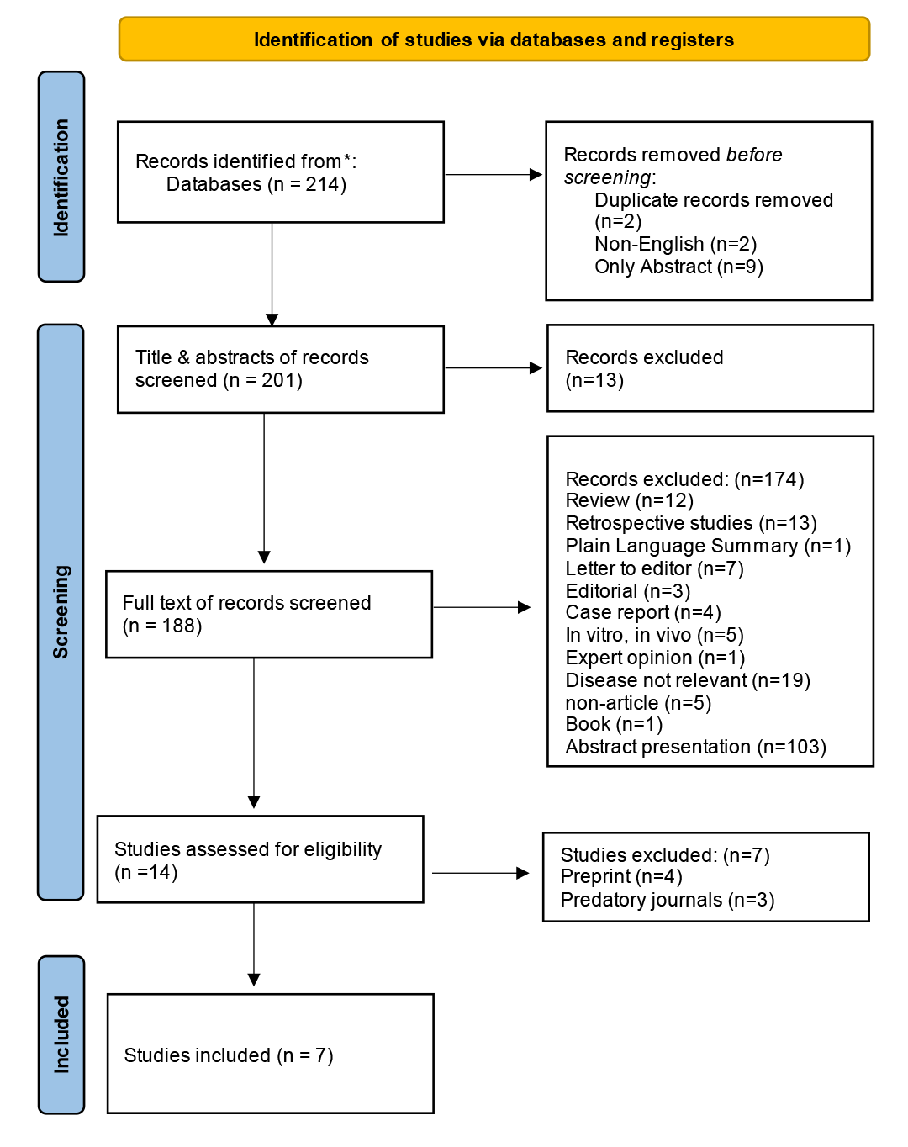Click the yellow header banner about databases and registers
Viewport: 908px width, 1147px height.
point(494,40)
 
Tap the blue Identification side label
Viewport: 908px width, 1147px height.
point(61,177)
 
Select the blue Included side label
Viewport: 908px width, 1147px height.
point(61,1034)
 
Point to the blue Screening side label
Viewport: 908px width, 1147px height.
point(61,611)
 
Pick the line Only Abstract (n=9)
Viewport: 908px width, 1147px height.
point(678,267)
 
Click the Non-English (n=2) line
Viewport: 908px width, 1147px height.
point(675,244)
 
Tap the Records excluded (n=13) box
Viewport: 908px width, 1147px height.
point(710,368)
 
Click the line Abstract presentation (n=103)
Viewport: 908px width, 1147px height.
point(695,747)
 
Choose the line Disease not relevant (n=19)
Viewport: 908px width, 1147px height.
point(687,680)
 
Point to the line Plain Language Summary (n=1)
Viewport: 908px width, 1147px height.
point(708,546)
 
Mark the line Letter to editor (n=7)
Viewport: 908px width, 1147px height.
point(654,568)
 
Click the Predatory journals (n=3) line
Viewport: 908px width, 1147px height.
point(667,900)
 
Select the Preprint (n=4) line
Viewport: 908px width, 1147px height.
point(621,876)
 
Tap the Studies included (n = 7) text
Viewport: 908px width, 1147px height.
point(229,1055)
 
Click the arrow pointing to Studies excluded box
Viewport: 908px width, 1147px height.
point(480,873)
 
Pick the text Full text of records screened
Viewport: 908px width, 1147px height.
point(246,603)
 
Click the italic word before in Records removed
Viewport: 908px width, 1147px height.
point(753,155)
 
